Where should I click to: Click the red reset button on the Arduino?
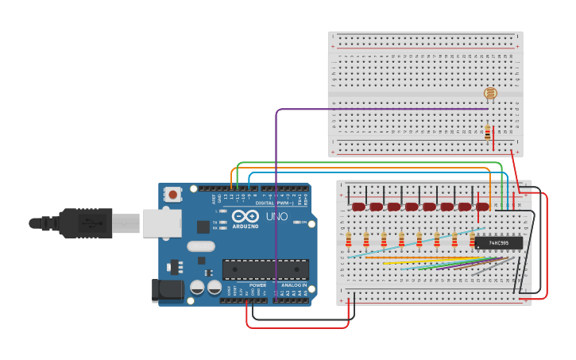pyautogui.click(x=172, y=194)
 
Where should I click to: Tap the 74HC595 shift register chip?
pyautogui.click(x=498, y=243)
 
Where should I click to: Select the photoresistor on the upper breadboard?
pyautogui.click(x=490, y=94)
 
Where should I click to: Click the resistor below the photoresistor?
pyautogui.click(x=487, y=132)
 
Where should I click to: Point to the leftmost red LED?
pyautogui.click(x=358, y=207)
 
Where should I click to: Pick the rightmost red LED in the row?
pyautogui.click(x=482, y=207)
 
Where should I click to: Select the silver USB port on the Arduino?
pyautogui.click(x=162, y=223)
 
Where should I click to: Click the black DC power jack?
pyautogui.click(x=167, y=290)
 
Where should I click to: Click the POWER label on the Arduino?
pyautogui.click(x=257, y=285)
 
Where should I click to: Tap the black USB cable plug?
pyautogui.click(x=87, y=223)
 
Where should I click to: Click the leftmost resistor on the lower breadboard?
pyautogui.click(x=348, y=239)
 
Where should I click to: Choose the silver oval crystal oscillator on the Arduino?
pyautogui.click(x=201, y=246)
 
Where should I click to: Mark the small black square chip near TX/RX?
pyautogui.click(x=203, y=226)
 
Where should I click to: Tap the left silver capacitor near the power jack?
pyautogui.click(x=197, y=287)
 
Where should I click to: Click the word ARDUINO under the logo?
pyautogui.click(x=245, y=226)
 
